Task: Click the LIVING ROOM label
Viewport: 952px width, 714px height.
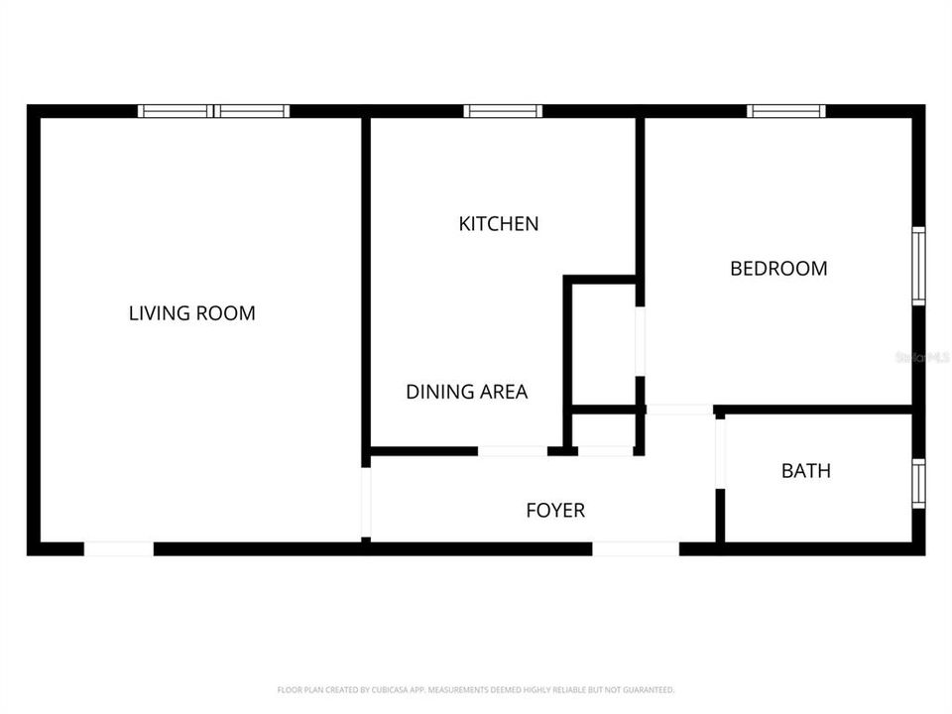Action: click(x=191, y=313)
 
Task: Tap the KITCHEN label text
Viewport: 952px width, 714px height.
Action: click(x=498, y=224)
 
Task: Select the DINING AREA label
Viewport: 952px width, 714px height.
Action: click(x=466, y=392)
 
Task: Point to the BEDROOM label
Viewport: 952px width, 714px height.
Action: click(x=778, y=268)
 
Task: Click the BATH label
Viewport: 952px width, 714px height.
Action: click(x=805, y=471)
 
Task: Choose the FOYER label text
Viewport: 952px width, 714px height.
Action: click(x=554, y=511)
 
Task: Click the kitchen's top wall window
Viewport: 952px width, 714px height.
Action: click(x=503, y=111)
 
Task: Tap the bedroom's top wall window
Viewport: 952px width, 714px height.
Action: click(x=785, y=111)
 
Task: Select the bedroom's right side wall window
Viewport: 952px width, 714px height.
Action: click(x=918, y=266)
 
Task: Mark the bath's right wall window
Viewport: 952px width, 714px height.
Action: click(x=918, y=483)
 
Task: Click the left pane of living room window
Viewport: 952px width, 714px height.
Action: click(x=175, y=111)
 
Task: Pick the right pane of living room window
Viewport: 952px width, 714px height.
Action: click(x=252, y=111)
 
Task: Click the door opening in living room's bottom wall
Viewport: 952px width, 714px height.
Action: click(x=118, y=548)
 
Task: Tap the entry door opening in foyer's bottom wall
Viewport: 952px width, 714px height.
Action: click(x=636, y=548)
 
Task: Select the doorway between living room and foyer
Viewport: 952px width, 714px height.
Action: click(x=366, y=502)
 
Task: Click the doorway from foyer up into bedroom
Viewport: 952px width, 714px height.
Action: click(x=678, y=410)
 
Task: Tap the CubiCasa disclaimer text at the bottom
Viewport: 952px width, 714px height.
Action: click(x=476, y=689)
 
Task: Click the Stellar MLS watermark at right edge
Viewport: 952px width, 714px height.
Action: click(x=921, y=356)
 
